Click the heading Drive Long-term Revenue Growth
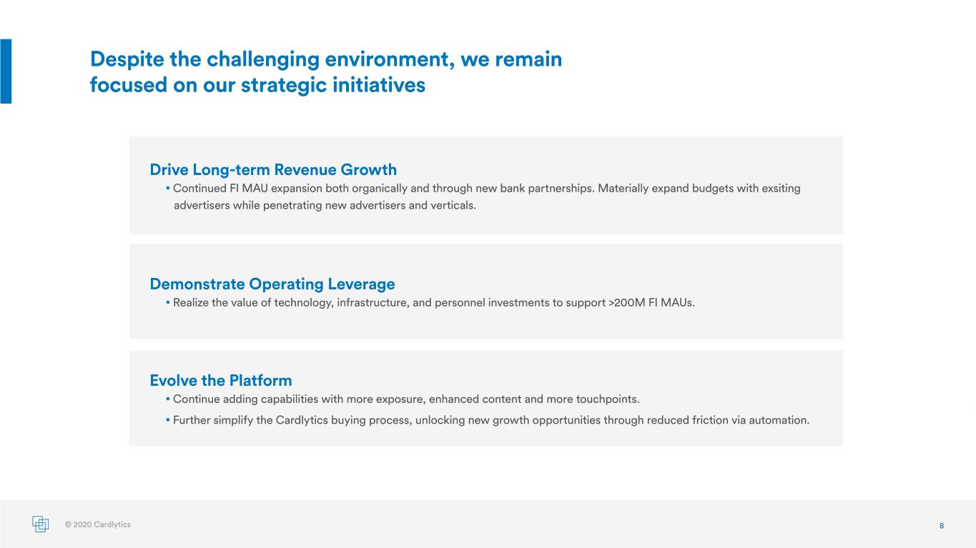[273, 170]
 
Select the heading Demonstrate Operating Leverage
[272, 284]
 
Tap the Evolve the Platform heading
[221, 380]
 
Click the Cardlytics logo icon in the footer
[41, 524]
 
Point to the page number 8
[942, 526]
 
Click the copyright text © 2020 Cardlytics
[97, 524]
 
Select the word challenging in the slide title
[262, 59]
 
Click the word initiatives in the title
[379, 84]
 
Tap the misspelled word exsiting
[781, 189]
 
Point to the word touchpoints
[608, 399]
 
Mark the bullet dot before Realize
[168, 302]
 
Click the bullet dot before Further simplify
[168, 420]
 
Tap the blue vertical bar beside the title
[6, 71]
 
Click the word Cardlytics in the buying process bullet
[302, 421]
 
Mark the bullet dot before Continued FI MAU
[168, 189]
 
